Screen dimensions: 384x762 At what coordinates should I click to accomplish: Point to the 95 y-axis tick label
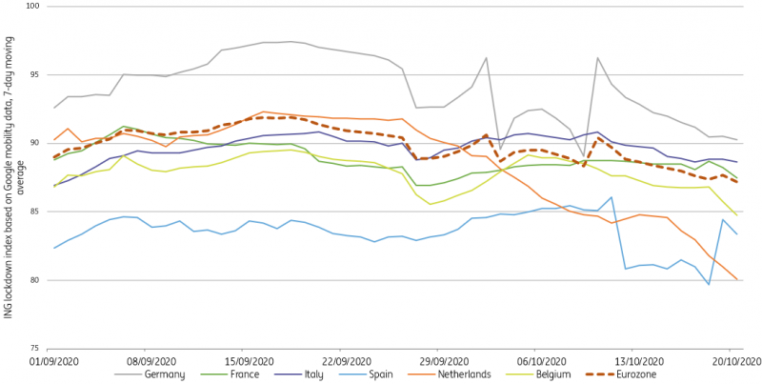34,74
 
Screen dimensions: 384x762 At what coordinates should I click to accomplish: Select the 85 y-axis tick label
34,212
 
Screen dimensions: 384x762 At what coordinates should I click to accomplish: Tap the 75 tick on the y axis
34,349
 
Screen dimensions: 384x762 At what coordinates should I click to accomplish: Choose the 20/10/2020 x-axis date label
734,362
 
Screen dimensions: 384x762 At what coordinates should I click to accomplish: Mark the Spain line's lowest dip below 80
708,284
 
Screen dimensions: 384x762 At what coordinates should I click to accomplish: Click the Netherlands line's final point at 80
736,279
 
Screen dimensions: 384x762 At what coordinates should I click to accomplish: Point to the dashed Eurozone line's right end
736,181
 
